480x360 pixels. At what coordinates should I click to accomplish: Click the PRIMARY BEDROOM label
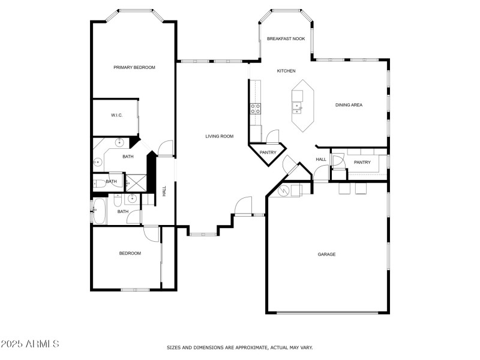click(x=134, y=68)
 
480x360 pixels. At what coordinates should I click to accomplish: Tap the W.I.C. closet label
click(x=116, y=115)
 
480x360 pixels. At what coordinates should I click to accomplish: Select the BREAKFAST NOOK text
click(x=286, y=38)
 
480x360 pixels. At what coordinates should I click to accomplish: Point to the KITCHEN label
click(x=286, y=71)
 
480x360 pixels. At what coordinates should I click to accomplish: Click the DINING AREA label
click(x=349, y=105)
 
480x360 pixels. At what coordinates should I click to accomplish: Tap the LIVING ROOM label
click(x=219, y=136)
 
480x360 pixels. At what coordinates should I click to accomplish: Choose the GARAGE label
click(x=326, y=254)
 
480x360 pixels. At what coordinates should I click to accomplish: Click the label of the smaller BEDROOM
click(x=130, y=253)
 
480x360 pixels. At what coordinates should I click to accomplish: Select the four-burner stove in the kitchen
click(x=255, y=109)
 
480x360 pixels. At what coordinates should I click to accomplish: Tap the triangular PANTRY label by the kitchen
click(x=268, y=153)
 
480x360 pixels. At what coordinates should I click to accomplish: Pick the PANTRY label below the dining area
click(x=362, y=163)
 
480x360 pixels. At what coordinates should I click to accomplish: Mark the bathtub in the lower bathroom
click(x=100, y=211)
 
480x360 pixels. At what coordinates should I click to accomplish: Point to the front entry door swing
click(x=244, y=206)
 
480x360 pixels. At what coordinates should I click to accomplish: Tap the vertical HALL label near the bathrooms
click(x=164, y=191)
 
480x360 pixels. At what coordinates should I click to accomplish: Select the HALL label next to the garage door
click(x=321, y=160)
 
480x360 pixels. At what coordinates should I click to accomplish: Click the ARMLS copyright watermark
click(x=30, y=344)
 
